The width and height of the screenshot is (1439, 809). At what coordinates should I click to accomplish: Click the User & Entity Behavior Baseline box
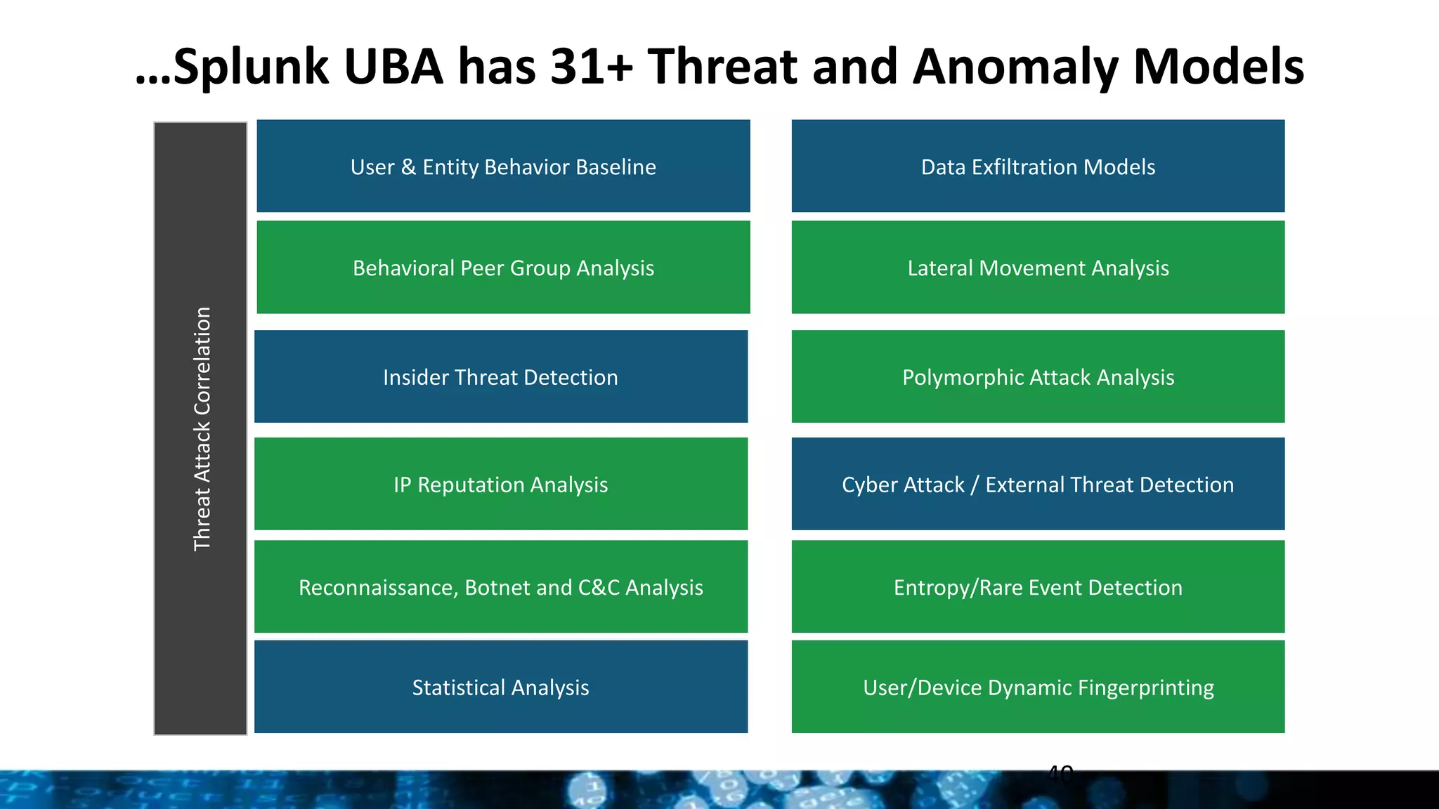click(503, 166)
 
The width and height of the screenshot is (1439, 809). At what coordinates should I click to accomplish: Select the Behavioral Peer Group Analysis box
click(503, 268)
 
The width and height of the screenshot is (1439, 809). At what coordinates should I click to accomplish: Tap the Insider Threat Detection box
click(500, 377)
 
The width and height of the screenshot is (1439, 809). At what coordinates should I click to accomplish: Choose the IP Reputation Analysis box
click(500, 485)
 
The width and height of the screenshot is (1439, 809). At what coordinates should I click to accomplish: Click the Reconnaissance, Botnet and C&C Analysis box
click(500, 587)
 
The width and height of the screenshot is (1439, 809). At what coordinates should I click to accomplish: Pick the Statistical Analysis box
click(500, 688)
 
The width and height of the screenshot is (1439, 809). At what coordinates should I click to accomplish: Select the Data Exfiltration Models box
click(1038, 166)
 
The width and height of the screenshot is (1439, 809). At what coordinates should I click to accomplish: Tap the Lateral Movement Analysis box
click(1038, 268)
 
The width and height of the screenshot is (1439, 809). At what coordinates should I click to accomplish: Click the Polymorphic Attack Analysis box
click(1038, 377)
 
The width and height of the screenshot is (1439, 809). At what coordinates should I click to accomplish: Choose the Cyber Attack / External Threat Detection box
click(1038, 485)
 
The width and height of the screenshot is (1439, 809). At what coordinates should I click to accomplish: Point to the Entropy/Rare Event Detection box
click(1038, 587)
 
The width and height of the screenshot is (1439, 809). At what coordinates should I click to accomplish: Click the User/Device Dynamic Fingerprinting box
click(1038, 688)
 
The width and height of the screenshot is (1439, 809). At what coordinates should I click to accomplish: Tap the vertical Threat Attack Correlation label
click(202, 428)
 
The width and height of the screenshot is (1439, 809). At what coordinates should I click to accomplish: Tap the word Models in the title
click(1219, 67)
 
